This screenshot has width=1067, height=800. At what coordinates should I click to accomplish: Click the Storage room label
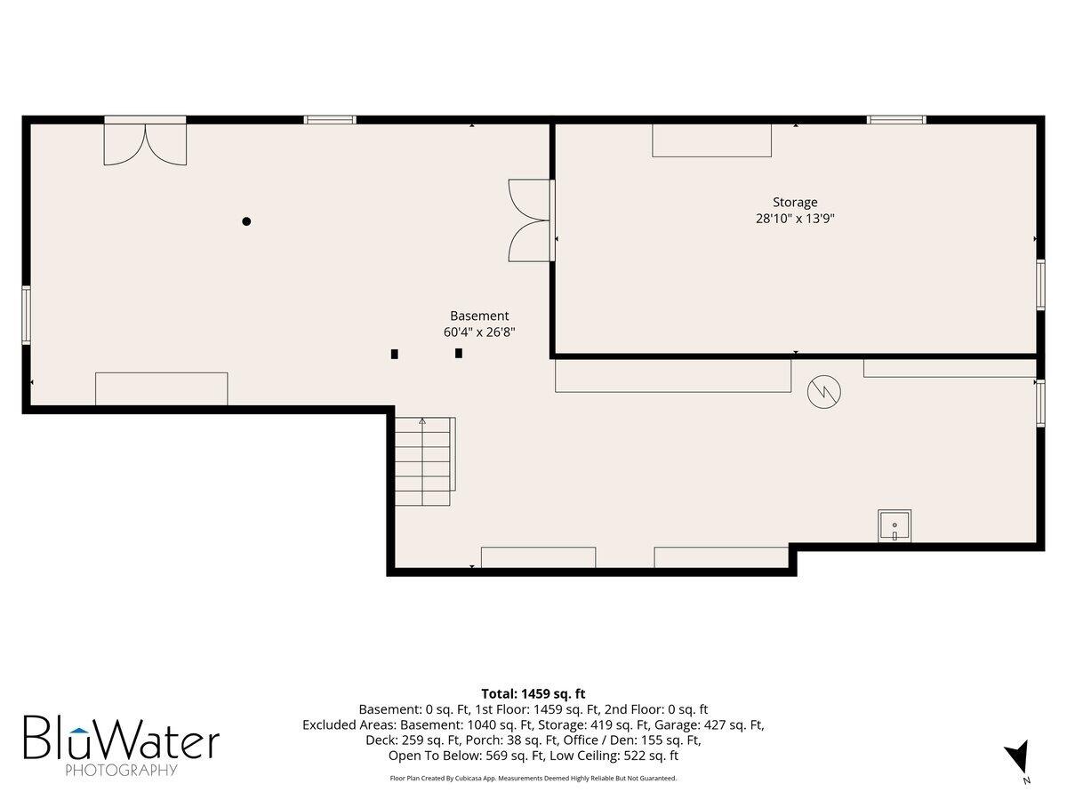pos(795,202)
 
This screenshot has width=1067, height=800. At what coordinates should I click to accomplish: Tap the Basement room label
pos(479,316)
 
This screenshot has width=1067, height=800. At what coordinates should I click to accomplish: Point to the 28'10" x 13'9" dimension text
pos(795,219)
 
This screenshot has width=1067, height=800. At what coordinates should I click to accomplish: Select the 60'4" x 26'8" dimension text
pos(479,332)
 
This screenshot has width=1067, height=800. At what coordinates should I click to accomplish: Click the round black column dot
pos(246,221)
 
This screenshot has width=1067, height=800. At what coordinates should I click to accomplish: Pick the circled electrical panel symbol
pos(824,392)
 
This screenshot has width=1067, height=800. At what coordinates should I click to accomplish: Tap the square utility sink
pos(895,525)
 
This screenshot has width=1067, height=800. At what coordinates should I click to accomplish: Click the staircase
pos(424,461)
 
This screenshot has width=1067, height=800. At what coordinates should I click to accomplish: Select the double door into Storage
pos(532,220)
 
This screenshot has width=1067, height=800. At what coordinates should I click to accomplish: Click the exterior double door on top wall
pos(145,140)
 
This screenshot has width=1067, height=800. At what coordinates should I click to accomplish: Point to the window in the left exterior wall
pos(27,316)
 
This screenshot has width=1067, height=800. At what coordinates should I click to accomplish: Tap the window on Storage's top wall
pos(896,119)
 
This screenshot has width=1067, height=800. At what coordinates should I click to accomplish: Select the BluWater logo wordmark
pos(122,738)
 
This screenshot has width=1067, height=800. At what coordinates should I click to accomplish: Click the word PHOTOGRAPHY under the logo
pos(121,771)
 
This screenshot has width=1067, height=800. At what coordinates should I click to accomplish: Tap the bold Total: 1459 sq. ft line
pos(533,693)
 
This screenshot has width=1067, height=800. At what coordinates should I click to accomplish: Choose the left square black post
pos(395,354)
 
